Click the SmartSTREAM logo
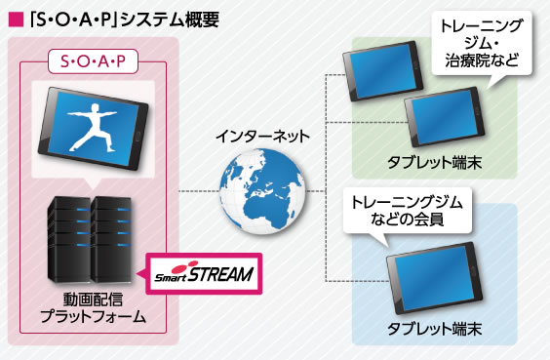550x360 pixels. tap(200, 274)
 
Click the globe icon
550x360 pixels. tap(261, 189)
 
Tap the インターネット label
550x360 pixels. tap(263, 133)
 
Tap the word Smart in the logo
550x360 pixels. tap(169, 277)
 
